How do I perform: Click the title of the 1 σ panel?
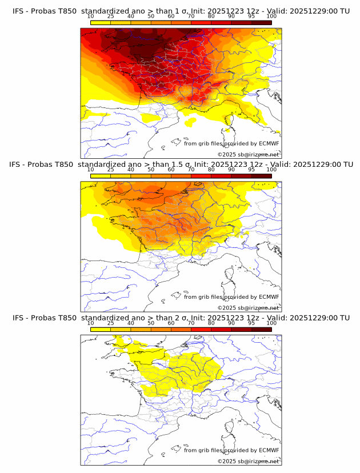(181, 11)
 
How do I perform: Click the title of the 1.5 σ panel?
(181, 165)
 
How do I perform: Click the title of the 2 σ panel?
(181, 318)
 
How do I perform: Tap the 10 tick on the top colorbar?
(91, 17)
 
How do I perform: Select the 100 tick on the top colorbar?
(271, 17)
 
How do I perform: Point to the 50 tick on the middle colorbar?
(151, 170)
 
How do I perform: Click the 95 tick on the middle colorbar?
(251, 170)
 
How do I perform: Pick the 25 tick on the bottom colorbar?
(111, 323)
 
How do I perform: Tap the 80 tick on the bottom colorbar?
(211, 323)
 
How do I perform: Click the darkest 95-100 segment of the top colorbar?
(262, 23)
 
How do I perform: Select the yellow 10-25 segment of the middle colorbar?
(101, 176)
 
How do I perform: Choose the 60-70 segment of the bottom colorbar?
(181, 330)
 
